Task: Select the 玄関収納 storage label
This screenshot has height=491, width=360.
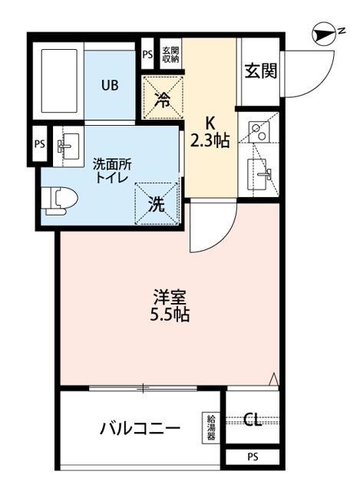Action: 170,54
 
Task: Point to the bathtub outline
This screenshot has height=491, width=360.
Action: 59,84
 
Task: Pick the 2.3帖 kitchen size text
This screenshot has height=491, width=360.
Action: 209,141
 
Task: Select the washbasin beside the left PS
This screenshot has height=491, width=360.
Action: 68,146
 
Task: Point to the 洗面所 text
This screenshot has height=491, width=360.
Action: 111,163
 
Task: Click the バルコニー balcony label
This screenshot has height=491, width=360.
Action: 140,427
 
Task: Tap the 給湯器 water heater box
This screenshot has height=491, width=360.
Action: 210,427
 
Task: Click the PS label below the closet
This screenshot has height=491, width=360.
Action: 253,457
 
